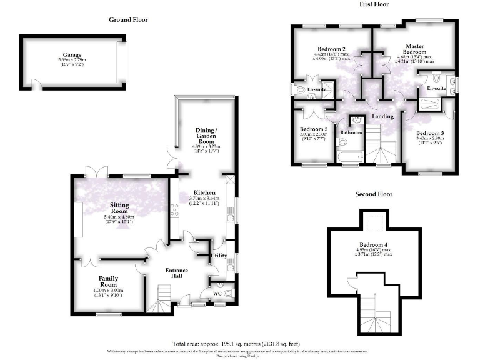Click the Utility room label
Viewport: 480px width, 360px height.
point(219,256)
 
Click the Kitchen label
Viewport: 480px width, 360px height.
point(204,192)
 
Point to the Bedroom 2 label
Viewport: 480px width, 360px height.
point(331,49)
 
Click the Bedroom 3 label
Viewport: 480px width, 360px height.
point(430,134)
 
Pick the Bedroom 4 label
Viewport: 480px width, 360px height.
point(374,244)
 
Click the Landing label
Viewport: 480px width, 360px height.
point(382,116)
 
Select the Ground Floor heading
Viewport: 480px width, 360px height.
point(129,19)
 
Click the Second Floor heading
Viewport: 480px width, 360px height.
point(374,194)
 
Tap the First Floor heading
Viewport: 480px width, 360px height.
point(374,4)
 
